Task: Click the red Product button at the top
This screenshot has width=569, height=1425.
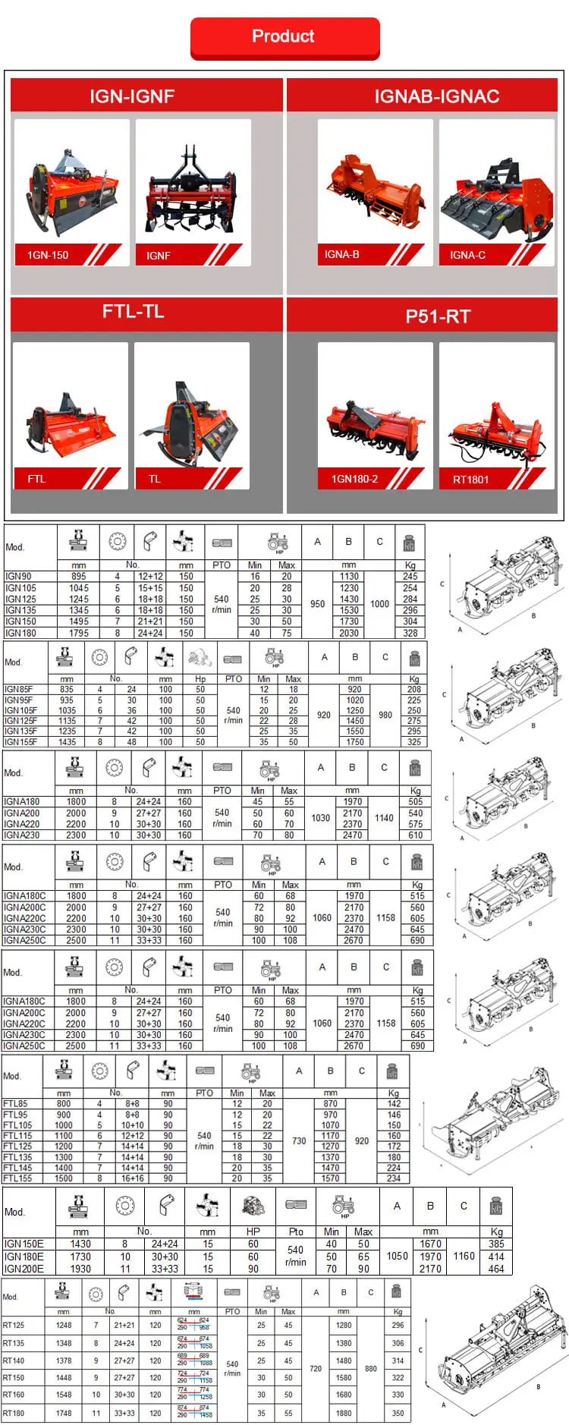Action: coord(284,37)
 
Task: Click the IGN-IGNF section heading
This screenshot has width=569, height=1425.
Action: coord(132,96)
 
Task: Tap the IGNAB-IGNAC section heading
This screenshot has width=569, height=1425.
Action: coord(436,96)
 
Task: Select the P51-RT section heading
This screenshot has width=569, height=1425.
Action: coord(438,316)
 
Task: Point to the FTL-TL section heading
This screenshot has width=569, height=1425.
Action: coord(133,312)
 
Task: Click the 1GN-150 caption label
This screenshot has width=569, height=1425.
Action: coord(49,255)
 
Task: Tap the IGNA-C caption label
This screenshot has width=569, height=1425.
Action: coord(467,255)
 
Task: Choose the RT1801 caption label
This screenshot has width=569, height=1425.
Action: coord(470,480)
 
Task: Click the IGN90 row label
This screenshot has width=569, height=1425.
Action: coord(19,577)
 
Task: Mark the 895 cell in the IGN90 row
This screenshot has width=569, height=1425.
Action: coord(78,577)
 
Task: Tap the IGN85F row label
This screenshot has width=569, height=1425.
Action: coord(19,690)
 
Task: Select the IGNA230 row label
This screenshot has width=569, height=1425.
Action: coord(22,835)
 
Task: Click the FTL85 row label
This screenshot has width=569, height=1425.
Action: coord(15,1104)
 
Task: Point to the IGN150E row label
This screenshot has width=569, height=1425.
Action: coord(24,1244)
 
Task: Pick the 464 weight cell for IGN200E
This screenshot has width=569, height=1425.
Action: coord(496,1269)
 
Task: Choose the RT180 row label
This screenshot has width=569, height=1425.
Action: coord(14,1414)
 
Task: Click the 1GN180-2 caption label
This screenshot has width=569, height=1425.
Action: coord(354,480)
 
